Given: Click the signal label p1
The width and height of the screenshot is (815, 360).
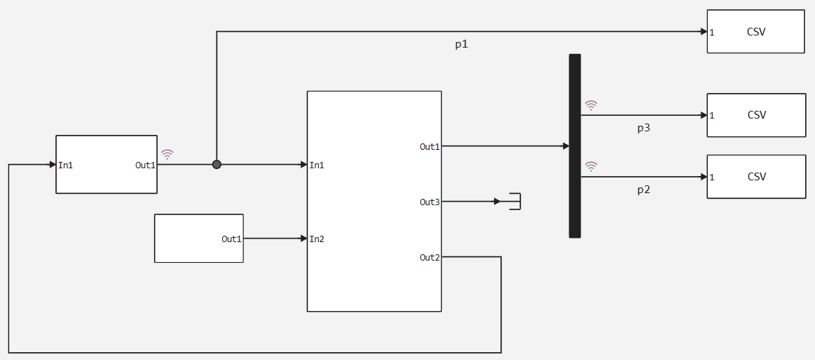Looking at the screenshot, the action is point(461,45).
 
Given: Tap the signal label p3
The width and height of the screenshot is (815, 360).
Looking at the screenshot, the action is point(643,129).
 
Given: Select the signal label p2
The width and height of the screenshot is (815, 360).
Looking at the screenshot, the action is point(643,190).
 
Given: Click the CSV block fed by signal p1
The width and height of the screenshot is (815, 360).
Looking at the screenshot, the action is point(756,31).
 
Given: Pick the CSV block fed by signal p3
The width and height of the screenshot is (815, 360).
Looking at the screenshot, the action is point(756,115).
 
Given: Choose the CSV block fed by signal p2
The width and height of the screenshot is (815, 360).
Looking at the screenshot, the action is point(756,176).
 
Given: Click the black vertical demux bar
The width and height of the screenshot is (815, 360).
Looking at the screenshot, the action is point(574,146).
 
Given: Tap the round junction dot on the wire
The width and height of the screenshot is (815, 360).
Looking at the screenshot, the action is point(217,165).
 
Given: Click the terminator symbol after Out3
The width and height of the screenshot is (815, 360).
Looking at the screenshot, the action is point(514,202).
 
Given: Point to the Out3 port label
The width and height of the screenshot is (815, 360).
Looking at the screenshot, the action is point(430,202).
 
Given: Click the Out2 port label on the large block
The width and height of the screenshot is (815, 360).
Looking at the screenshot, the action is point(430,257).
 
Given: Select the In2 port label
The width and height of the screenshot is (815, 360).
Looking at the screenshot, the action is point(317,239).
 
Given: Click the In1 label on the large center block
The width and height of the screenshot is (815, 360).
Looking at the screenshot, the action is point(317,165).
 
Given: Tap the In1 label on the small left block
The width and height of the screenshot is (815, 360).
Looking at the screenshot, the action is point(65,165).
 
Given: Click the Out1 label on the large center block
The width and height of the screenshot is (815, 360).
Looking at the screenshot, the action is point(430,147).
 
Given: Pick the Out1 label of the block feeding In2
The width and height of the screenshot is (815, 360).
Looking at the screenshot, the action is point(232,239).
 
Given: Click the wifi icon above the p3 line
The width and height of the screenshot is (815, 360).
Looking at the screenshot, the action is point(591,106).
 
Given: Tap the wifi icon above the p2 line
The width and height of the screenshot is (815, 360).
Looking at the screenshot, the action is point(591,166).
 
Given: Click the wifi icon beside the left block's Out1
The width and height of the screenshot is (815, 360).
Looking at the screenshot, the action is point(167,154).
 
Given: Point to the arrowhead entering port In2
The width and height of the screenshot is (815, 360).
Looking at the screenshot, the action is point(304,239).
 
